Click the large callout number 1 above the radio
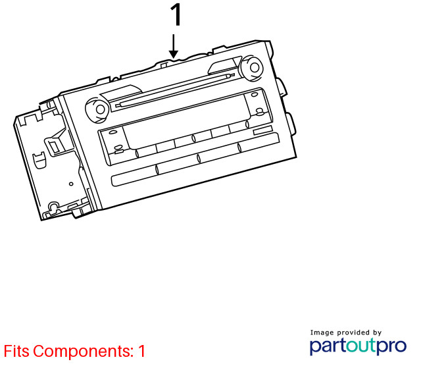coord(176,15)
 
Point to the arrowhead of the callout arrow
coord(174,54)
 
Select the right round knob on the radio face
coord(251,67)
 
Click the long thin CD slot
coord(175,90)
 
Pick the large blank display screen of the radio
coord(186,121)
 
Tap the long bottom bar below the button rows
coord(195,159)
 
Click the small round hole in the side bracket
coord(71,184)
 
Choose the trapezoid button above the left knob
coord(121,92)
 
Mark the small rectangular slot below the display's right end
coord(262,131)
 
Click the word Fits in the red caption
coord(16,351)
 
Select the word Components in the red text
coord(84,352)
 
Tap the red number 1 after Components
coord(141,351)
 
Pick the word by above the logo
coord(377,333)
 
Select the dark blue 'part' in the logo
coord(328,346)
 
